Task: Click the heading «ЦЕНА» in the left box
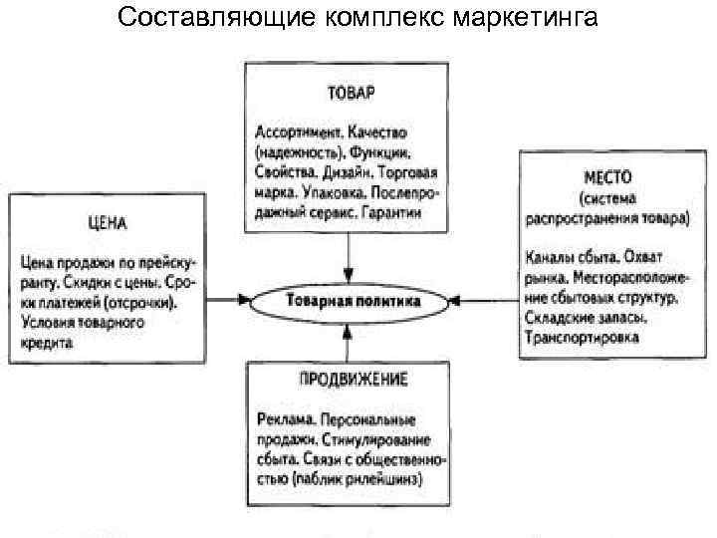click(x=106, y=221)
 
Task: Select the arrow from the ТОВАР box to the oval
click(x=349, y=256)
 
